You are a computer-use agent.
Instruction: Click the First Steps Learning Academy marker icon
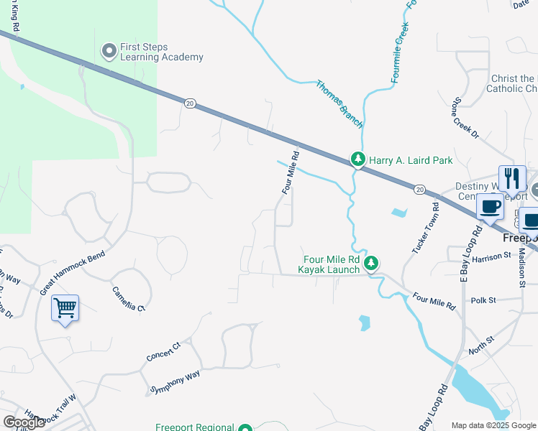tap(109, 50)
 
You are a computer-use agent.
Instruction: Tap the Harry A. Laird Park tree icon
tap(357, 159)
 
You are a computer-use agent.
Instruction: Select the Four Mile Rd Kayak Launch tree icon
tap(371, 264)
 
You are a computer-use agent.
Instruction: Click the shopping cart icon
tap(65, 308)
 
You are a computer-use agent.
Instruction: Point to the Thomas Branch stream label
tap(339, 104)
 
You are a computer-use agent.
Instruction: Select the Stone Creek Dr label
tap(465, 116)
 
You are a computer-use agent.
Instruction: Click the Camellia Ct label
tap(128, 298)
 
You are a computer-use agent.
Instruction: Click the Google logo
tap(24, 422)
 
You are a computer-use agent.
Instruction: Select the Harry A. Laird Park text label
tap(411, 160)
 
